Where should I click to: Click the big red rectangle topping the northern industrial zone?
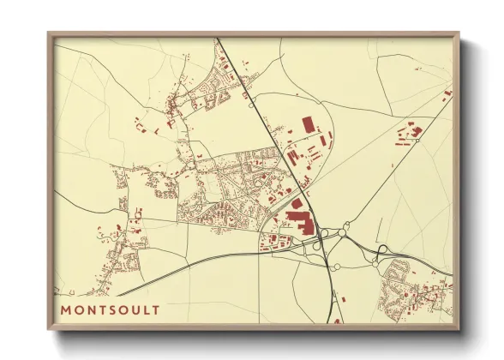309,125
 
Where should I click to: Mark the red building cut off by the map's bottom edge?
337,321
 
